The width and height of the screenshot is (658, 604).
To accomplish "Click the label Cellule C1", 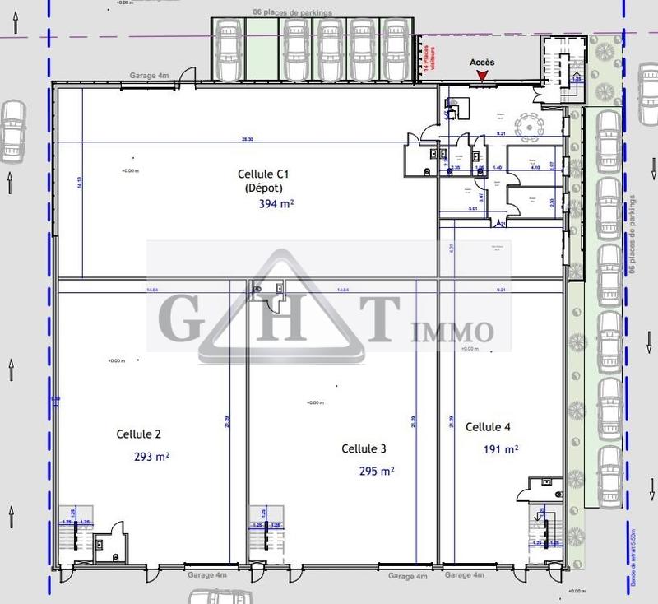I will pyautogui.click(x=263, y=174).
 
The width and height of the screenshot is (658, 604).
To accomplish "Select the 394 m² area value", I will pyautogui.click(x=276, y=203).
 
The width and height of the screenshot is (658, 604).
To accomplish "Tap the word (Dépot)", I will pyautogui.click(x=264, y=188).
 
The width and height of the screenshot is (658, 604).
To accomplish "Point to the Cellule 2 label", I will pyautogui.click(x=138, y=434).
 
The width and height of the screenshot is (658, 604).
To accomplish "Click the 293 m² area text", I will pyautogui.click(x=151, y=455).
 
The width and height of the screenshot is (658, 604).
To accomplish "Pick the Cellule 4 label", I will pyautogui.click(x=489, y=427).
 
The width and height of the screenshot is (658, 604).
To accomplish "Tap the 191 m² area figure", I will pyautogui.click(x=501, y=449).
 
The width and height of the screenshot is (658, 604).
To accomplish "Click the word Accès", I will pyautogui.click(x=482, y=63).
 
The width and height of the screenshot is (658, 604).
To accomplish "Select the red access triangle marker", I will pyautogui.click(x=482, y=77).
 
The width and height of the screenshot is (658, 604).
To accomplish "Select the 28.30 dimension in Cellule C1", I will pyautogui.click(x=247, y=139).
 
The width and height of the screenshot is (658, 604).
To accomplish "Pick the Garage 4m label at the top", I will pyautogui.click(x=149, y=76).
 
